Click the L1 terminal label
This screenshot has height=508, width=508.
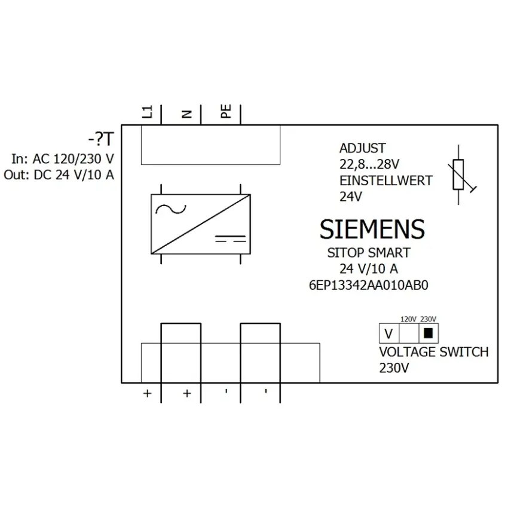[148, 112]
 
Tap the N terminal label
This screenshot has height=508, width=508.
[187, 114]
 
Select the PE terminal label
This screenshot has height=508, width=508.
[226, 111]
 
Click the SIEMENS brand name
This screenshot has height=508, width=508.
[372, 229]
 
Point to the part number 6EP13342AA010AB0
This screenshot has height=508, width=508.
[369, 285]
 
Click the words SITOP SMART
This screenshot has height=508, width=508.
[369, 253]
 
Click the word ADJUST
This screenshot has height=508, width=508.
[363, 148]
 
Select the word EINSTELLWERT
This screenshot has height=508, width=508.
[386, 180]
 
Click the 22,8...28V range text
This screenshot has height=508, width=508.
[369, 164]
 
